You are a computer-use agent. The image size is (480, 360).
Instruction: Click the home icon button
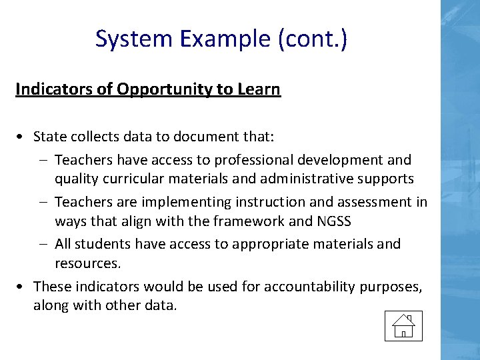(x=403, y=325)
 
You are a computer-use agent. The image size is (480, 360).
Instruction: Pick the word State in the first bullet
(x=48, y=137)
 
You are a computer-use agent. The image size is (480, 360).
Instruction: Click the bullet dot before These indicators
(x=22, y=287)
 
